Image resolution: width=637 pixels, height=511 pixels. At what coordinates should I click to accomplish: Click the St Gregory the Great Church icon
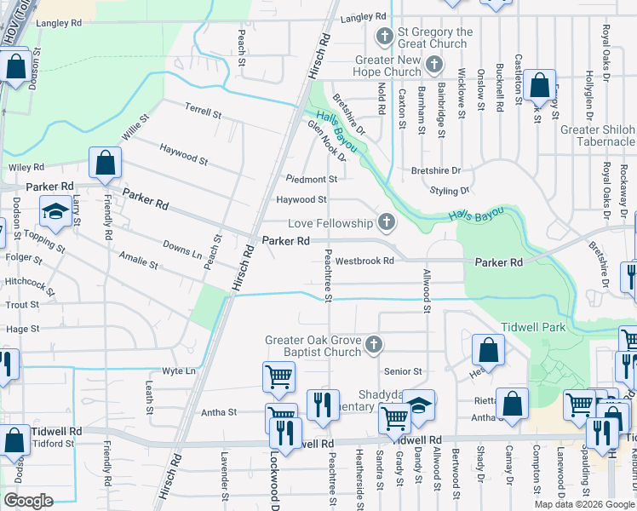click(x=384, y=37)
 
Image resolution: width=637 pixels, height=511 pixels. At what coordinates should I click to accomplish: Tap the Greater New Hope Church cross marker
click(x=433, y=64)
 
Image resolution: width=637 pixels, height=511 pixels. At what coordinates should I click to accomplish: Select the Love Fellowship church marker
click(x=387, y=223)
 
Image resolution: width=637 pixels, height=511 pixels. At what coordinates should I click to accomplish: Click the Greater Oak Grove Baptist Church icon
click(x=373, y=345)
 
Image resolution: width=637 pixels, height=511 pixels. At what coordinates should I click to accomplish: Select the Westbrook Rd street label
click(x=364, y=261)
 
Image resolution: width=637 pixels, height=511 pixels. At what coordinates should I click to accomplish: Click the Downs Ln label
click(x=182, y=252)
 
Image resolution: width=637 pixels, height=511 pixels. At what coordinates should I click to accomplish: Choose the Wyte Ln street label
click(x=179, y=371)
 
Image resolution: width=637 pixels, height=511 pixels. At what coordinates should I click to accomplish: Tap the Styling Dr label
click(x=450, y=191)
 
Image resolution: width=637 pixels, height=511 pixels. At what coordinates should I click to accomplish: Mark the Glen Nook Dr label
click(x=328, y=141)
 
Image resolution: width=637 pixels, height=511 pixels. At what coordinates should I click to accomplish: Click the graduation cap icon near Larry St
click(x=55, y=211)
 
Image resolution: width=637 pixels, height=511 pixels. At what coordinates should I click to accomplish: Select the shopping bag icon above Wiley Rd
click(x=105, y=162)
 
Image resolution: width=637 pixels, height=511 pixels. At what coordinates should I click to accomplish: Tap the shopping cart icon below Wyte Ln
click(x=279, y=376)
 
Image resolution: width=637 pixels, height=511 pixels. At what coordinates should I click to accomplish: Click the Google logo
click(x=29, y=501)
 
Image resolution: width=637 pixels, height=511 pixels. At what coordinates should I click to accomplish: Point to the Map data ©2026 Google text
click(x=583, y=504)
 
